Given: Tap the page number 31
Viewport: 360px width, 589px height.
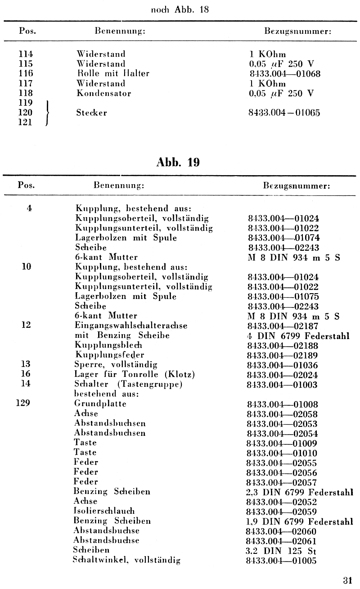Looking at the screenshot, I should tap(347, 580).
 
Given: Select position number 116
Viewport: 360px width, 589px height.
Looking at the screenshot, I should tap(26, 74).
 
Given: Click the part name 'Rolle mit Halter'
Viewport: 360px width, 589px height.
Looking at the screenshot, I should tap(112, 74).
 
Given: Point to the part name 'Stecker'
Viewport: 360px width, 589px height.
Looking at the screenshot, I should tap(92, 113).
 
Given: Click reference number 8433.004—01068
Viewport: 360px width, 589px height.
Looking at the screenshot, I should tap(284, 74).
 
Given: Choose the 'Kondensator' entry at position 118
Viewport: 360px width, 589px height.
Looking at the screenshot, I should tap(103, 94).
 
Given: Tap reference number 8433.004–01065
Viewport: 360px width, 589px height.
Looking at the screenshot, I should tap(284, 113).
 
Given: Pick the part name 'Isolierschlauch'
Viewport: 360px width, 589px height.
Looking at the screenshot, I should tap(104, 512).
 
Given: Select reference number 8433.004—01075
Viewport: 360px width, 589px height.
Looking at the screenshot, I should tap(283, 296).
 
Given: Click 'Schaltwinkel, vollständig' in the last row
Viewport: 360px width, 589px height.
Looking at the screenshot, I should tap(127, 561).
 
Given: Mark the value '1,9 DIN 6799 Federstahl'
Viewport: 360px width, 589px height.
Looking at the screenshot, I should tap(300, 521).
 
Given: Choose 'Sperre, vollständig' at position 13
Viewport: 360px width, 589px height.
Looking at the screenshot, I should tap(116, 365).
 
